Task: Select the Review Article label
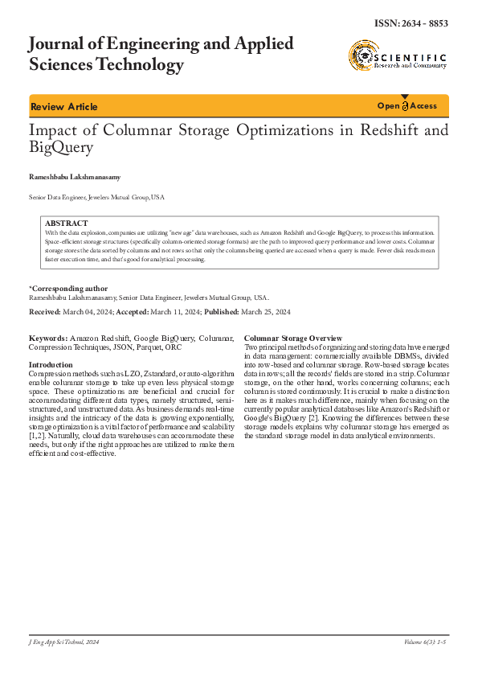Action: point(63,107)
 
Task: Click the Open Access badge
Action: point(407,106)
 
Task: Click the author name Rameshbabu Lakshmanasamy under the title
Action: point(75,174)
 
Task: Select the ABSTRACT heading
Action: point(67,223)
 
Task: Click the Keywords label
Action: point(47,338)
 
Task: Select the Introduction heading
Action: point(51,365)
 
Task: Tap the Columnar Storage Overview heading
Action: point(293,338)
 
